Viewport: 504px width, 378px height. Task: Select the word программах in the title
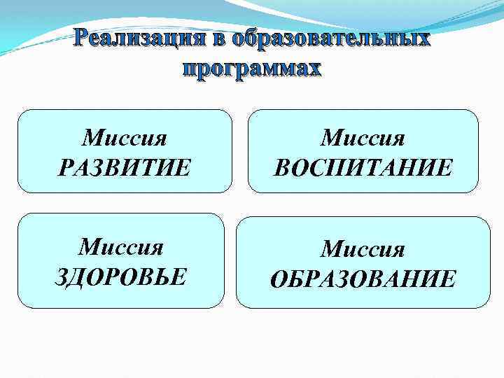[x=251, y=69]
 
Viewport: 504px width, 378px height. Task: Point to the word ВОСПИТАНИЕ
[x=363, y=168]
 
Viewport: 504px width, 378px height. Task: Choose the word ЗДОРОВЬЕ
[x=121, y=276]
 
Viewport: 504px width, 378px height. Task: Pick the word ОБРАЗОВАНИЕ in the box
[x=363, y=279]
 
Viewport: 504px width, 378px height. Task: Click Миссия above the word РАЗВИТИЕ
[x=124, y=137]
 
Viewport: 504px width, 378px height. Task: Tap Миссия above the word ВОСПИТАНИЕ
[x=363, y=137]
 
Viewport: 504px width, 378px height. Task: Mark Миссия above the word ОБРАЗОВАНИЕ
[x=363, y=249]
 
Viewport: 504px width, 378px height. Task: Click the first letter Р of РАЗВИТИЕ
[x=65, y=168]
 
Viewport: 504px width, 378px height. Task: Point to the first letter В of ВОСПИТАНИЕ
[x=281, y=168]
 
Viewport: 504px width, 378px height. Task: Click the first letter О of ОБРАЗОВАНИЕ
[x=277, y=279]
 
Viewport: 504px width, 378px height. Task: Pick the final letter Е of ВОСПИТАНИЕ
[x=446, y=168]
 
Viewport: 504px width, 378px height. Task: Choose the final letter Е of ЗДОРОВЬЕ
[x=180, y=276]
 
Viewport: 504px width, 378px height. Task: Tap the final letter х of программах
[x=314, y=69]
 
